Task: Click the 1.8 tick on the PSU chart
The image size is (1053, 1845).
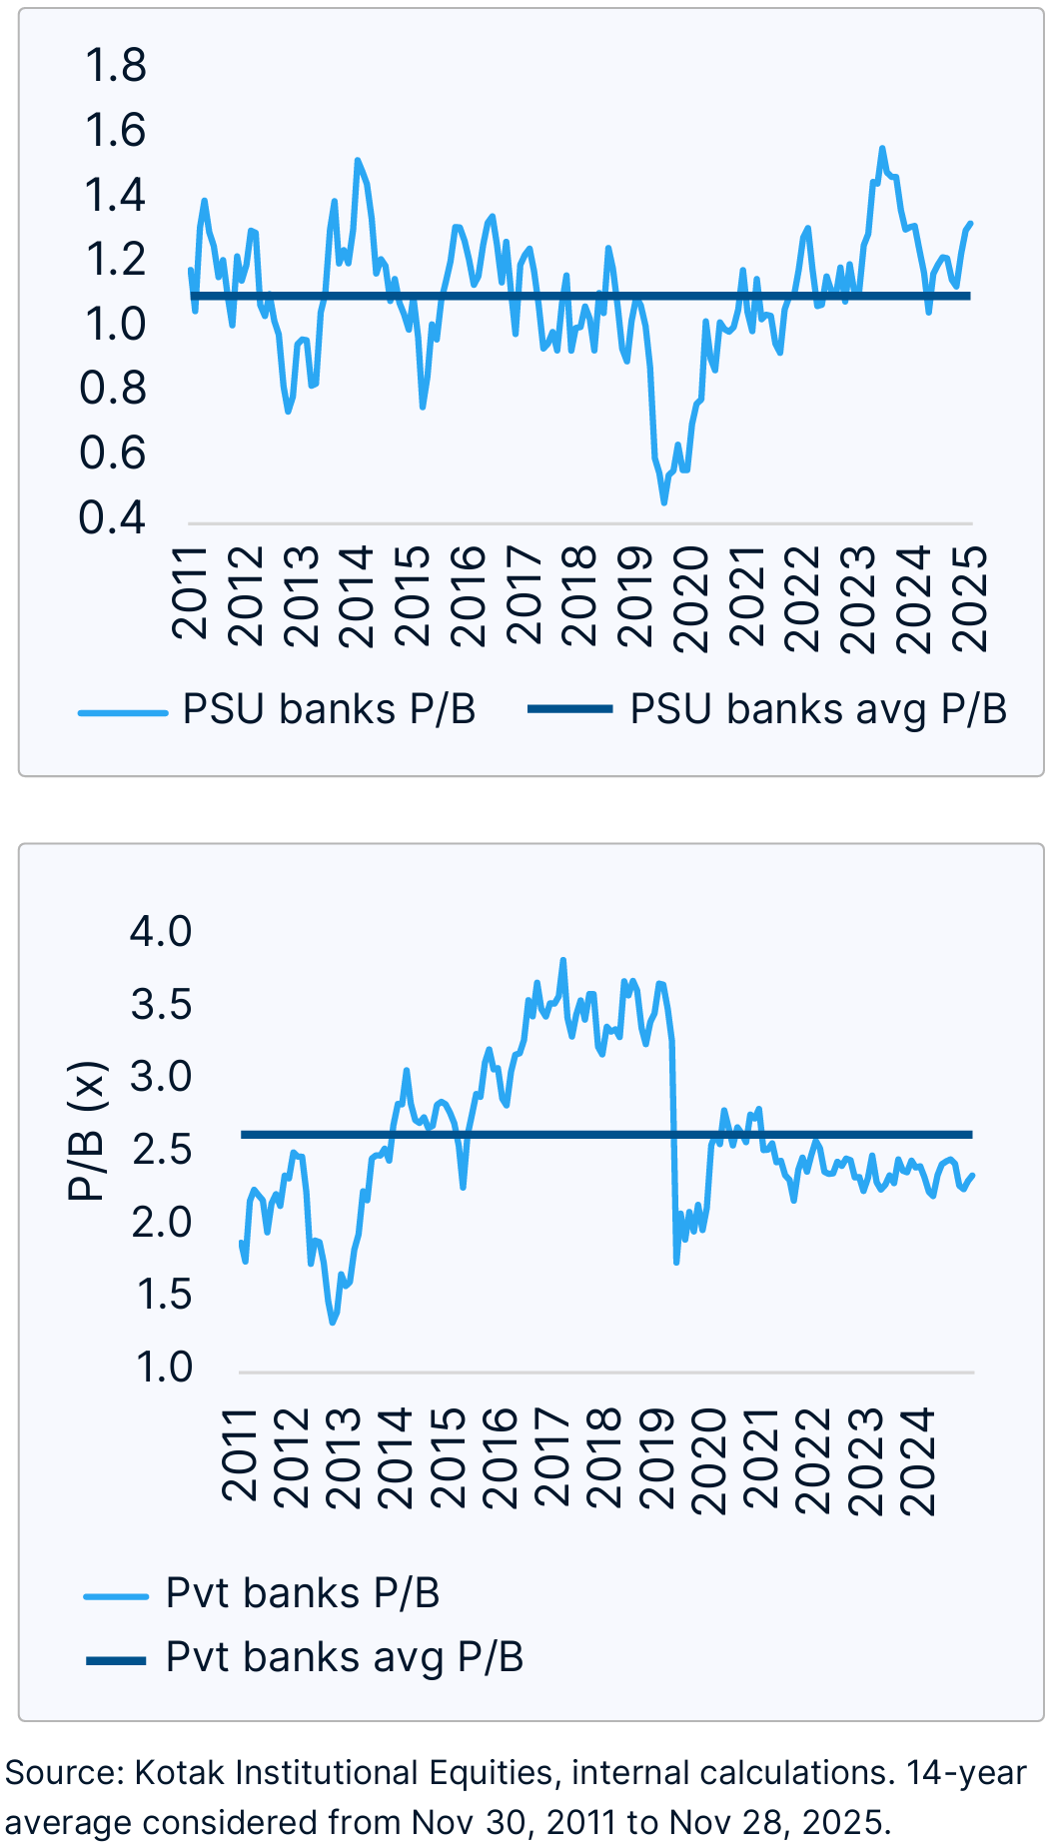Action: [116, 66]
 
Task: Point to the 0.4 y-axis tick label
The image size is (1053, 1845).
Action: [113, 517]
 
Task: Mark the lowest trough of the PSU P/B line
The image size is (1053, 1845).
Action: [664, 501]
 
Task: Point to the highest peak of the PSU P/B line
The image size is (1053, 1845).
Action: [882, 149]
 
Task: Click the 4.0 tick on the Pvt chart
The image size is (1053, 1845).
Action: [160, 932]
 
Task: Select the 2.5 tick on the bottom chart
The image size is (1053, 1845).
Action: [161, 1150]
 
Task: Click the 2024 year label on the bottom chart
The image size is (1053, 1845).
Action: [916, 1461]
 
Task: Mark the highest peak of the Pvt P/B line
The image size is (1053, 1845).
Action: [563, 961]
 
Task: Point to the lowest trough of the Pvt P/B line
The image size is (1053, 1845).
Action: [333, 1323]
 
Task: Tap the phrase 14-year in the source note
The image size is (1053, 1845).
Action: [966, 1773]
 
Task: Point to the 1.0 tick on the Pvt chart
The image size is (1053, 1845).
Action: [164, 1368]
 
